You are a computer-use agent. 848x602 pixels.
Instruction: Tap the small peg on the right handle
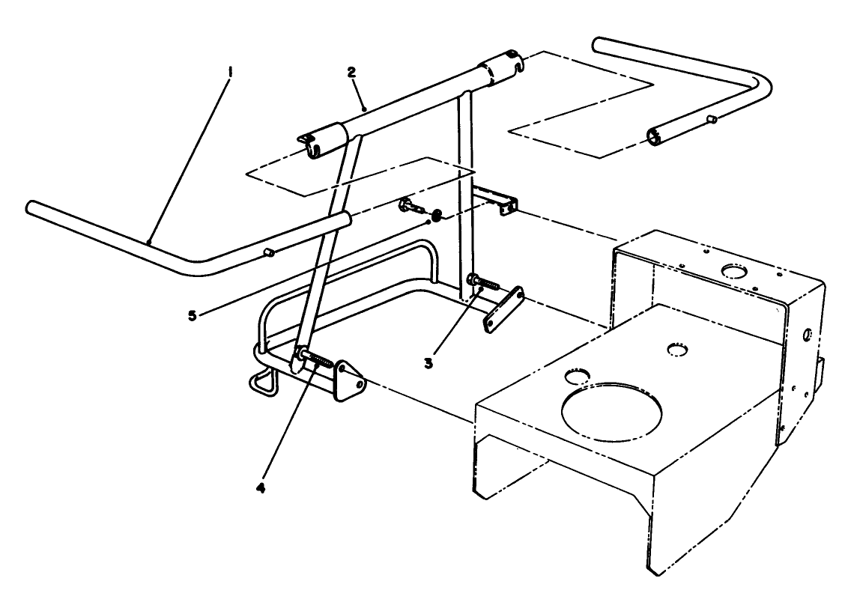click(712, 119)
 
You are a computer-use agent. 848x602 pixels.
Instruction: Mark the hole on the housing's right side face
click(808, 333)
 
